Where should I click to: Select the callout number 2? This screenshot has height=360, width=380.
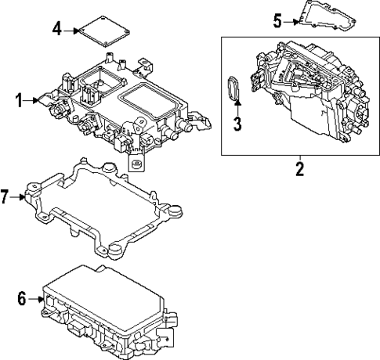point(299,169)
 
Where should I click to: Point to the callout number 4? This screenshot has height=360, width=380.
point(56,30)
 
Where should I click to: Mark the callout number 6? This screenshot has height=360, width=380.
point(22,297)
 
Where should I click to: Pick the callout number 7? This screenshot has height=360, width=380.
point(6,196)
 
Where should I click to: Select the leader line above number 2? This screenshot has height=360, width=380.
point(299,158)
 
